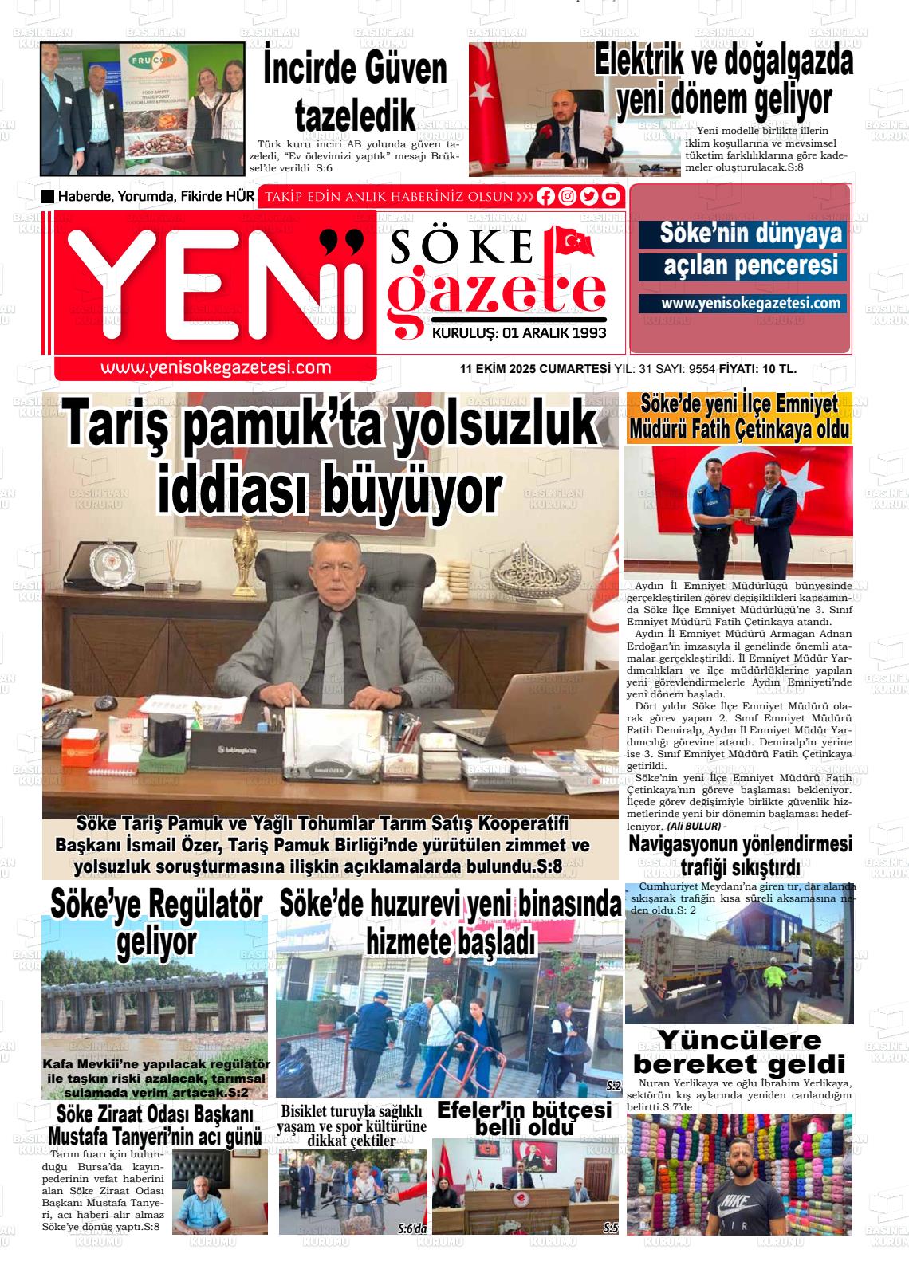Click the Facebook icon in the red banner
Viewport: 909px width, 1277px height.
point(546,197)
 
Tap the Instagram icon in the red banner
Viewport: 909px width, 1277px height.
point(568,197)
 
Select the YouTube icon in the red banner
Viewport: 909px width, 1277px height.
point(611,197)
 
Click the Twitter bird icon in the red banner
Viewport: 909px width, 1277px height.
point(589,197)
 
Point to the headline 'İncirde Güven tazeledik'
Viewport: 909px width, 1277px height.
point(355,92)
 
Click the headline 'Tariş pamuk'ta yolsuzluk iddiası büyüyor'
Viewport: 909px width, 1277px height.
point(330,457)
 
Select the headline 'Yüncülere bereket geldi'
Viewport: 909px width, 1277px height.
point(739,1052)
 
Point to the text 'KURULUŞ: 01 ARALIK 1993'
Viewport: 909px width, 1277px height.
point(519,333)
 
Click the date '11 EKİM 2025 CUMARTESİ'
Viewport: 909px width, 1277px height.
point(534,369)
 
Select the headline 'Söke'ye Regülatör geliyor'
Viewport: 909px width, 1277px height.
point(156,923)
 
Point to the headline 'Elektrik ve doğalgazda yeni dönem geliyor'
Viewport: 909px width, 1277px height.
point(724,81)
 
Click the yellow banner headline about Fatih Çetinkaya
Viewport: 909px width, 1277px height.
point(739,417)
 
